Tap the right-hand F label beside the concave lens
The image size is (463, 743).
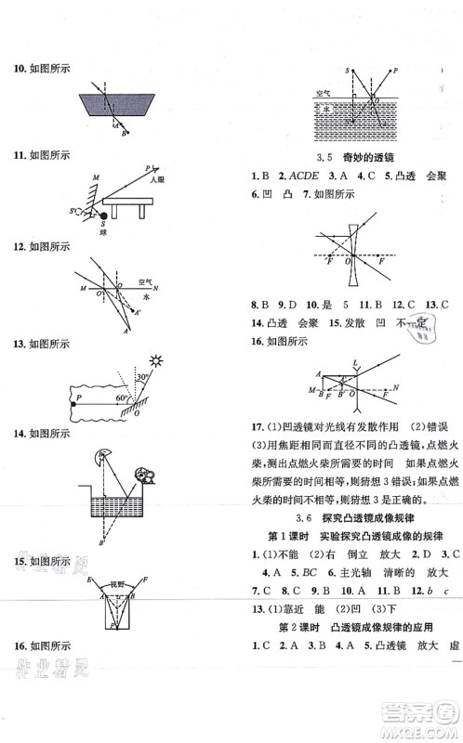click(381, 263)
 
